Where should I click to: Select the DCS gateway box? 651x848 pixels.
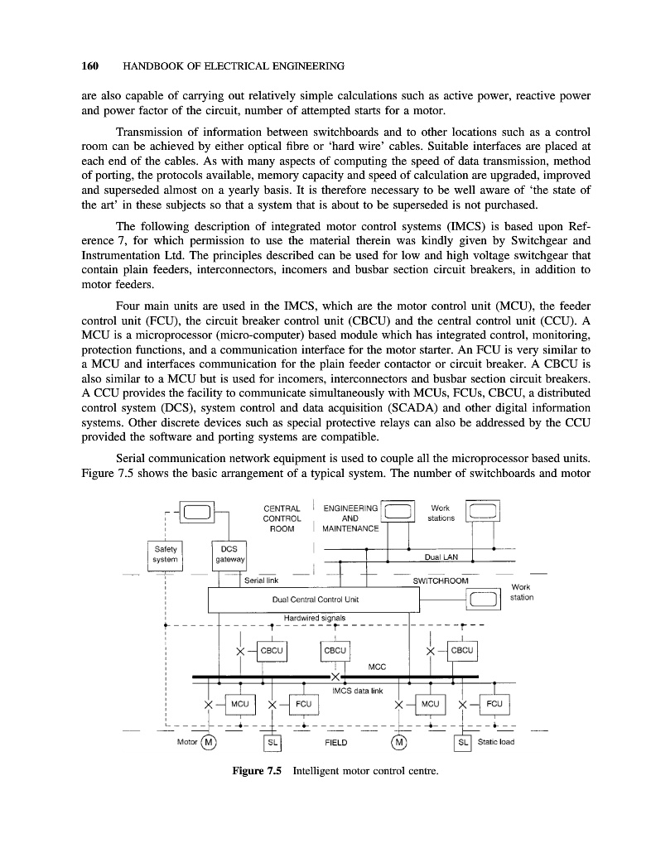pyautogui.click(x=226, y=553)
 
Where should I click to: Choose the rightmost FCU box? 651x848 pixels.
pyautogui.click(x=494, y=705)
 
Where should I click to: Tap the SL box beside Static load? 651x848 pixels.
pyautogui.click(x=463, y=741)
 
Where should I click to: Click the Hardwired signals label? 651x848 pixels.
pyautogui.click(x=308, y=617)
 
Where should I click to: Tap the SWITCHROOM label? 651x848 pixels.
pyautogui.click(x=441, y=581)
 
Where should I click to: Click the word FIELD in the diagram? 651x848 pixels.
pyautogui.click(x=335, y=742)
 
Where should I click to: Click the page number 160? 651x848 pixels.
pyautogui.click(x=91, y=65)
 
